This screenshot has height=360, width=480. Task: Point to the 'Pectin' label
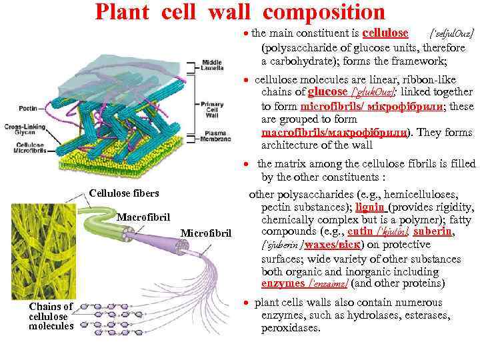coord(28,107)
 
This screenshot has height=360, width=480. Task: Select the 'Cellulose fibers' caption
coord(123,193)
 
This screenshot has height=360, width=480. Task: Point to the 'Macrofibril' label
coord(143,217)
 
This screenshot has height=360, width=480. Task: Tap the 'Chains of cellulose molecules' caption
coord(51,316)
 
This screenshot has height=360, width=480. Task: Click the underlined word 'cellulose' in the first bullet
coord(385,33)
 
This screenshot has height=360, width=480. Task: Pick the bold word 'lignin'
coord(369,207)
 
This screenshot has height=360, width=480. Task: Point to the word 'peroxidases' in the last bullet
coord(291,328)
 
